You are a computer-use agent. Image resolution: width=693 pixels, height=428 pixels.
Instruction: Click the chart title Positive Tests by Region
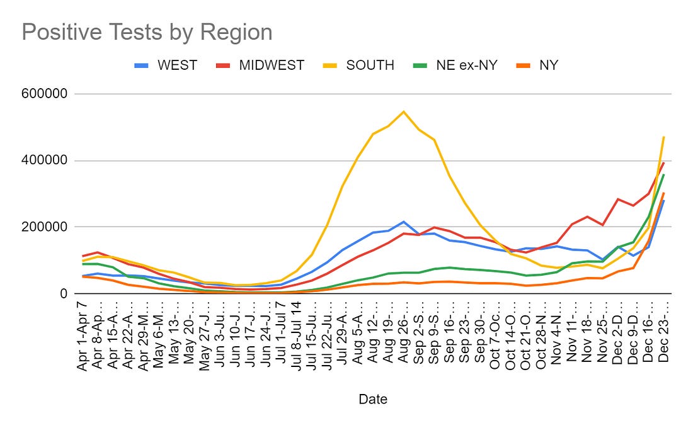click(147, 32)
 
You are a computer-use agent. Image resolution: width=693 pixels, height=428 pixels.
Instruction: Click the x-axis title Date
click(373, 399)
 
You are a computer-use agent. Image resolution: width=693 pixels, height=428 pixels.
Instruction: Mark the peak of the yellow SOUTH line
click(403, 112)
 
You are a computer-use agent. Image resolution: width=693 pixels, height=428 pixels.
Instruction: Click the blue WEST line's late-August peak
click(403, 222)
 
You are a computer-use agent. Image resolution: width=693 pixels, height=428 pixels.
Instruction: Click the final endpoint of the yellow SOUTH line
click(664, 137)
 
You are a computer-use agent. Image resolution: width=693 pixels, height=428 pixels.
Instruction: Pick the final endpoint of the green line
click(664, 174)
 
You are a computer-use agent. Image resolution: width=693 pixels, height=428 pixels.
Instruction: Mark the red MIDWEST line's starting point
click(83, 256)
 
